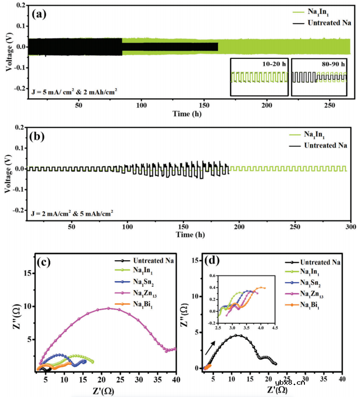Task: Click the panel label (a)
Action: pyautogui.click(x=39, y=14)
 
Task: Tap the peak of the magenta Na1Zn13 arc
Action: pyautogui.click(x=108, y=308)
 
